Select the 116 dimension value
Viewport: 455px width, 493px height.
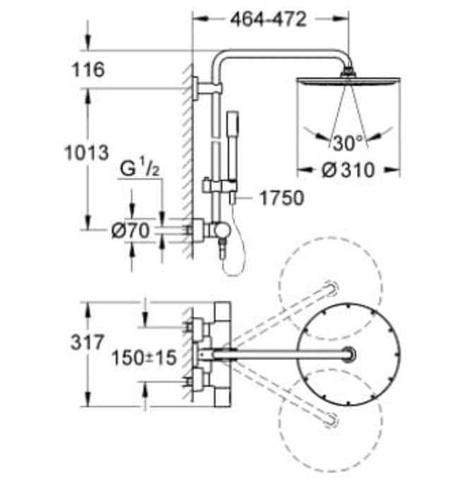point(87,70)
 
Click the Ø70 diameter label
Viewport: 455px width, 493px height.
point(129,230)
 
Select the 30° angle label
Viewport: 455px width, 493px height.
point(347,143)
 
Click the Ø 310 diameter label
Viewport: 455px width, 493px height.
point(346,170)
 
